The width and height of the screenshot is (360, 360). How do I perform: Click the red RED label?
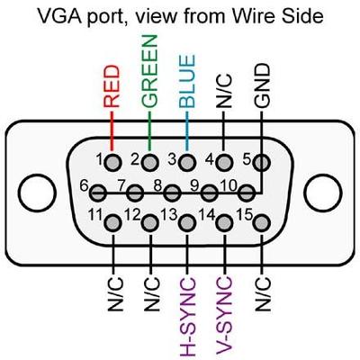click(112, 86)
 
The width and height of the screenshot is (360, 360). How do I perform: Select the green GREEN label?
click(149, 71)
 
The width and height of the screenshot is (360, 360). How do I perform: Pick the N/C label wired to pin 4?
click(225, 90)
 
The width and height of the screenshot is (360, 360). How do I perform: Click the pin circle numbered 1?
click(113, 163)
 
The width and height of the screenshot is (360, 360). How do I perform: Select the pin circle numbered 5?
click(262, 163)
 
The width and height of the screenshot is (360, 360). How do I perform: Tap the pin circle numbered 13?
click(187, 221)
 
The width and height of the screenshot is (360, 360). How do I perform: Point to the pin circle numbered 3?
click(187, 163)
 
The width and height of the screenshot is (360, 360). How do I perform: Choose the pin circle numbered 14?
click(225, 221)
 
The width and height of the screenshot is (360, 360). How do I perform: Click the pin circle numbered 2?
click(150, 163)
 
